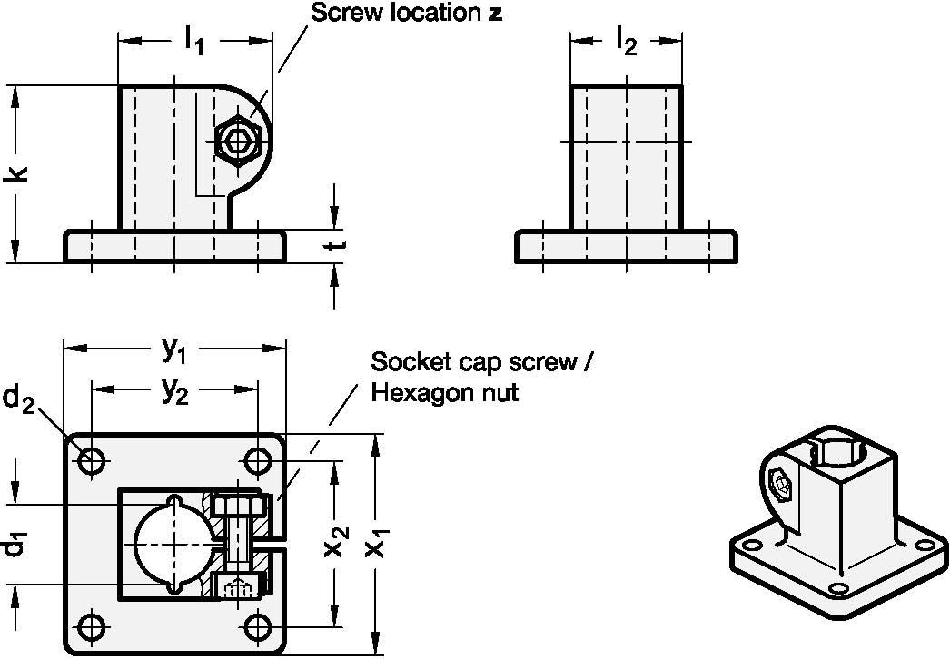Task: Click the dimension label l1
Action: point(194,39)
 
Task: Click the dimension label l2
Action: point(625,39)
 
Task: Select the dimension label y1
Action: point(174,348)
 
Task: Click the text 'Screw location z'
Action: point(406,13)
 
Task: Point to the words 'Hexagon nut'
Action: point(444,393)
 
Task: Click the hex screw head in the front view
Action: point(239,141)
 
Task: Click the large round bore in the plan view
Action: point(172,545)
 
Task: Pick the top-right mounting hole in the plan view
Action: point(258,461)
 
